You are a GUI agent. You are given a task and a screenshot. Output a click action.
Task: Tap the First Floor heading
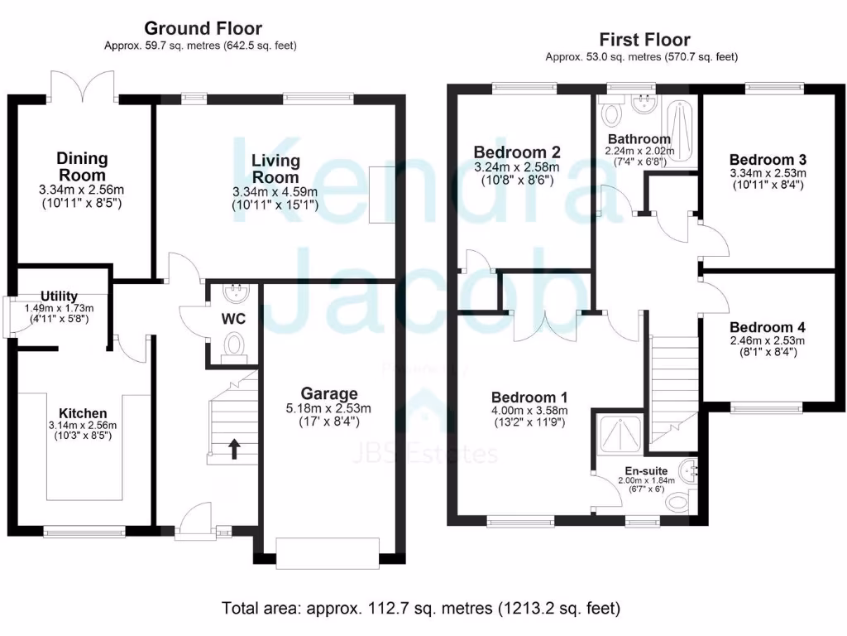click(644, 40)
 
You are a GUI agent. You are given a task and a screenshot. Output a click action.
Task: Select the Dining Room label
click(82, 166)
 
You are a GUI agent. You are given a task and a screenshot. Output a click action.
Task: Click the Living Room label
click(275, 169)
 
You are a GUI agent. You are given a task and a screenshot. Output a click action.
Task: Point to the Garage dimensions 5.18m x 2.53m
click(329, 407)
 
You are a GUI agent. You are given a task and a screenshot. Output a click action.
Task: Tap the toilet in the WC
click(236, 344)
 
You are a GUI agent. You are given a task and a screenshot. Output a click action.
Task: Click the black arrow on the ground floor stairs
click(234, 449)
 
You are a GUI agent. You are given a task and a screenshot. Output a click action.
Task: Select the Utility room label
click(60, 296)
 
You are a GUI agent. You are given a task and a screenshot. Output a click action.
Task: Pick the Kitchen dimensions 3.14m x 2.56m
click(82, 426)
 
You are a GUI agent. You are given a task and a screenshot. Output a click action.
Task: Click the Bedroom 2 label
click(517, 152)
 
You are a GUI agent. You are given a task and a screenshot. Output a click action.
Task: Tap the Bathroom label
click(639, 138)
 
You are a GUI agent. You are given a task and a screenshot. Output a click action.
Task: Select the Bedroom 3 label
click(768, 159)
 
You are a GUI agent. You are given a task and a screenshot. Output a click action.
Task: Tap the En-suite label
click(647, 470)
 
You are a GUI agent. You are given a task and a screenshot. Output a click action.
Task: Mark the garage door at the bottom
click(328, 553)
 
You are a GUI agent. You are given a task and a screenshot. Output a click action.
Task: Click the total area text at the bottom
click(421, 609)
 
